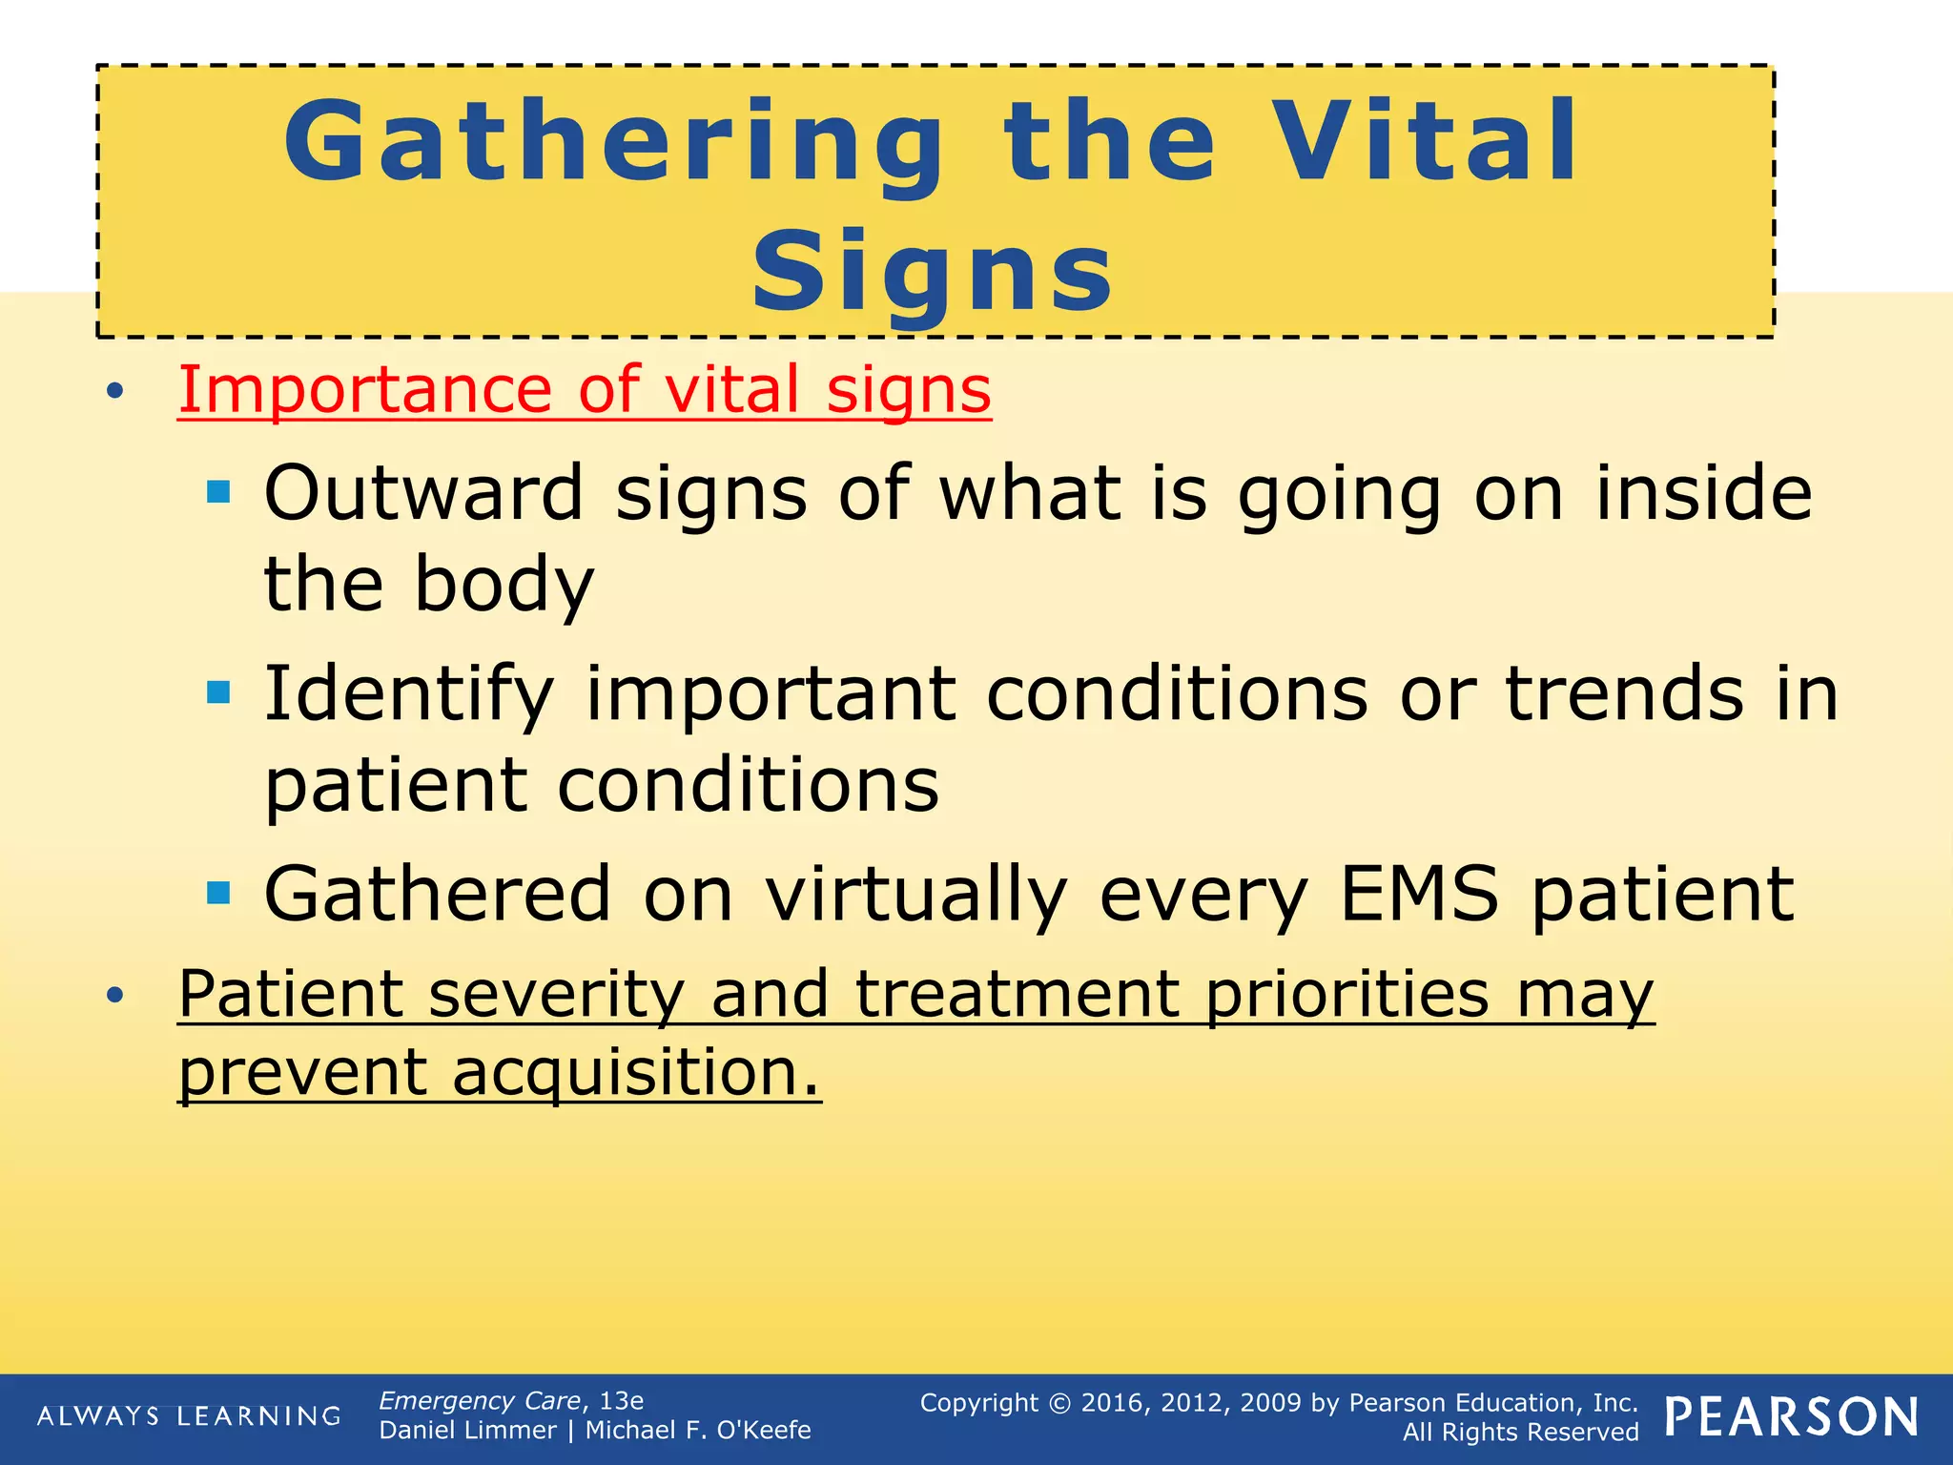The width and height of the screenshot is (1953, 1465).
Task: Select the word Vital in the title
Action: click(1427, 143)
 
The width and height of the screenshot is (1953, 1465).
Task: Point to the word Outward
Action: click(423, 493)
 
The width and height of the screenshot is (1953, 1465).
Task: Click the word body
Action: click(504, 585)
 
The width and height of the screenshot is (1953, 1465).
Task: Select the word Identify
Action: click(409, 695)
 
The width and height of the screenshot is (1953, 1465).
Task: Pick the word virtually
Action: click(916, 896)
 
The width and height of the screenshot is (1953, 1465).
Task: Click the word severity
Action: click(556, 995)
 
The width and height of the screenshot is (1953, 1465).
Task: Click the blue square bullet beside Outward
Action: click(219, 492)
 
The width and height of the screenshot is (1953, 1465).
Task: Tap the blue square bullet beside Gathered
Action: click(219, 893)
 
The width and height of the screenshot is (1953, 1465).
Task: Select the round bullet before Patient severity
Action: click(115, 996)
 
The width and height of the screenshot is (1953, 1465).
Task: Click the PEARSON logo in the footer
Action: click(1792, 1417)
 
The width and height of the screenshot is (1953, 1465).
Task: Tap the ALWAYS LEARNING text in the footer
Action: click(189, 1416)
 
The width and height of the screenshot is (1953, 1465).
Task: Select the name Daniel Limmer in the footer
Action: click(467, 1431)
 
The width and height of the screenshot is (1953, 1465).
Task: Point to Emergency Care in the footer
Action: click(480, 1401)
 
